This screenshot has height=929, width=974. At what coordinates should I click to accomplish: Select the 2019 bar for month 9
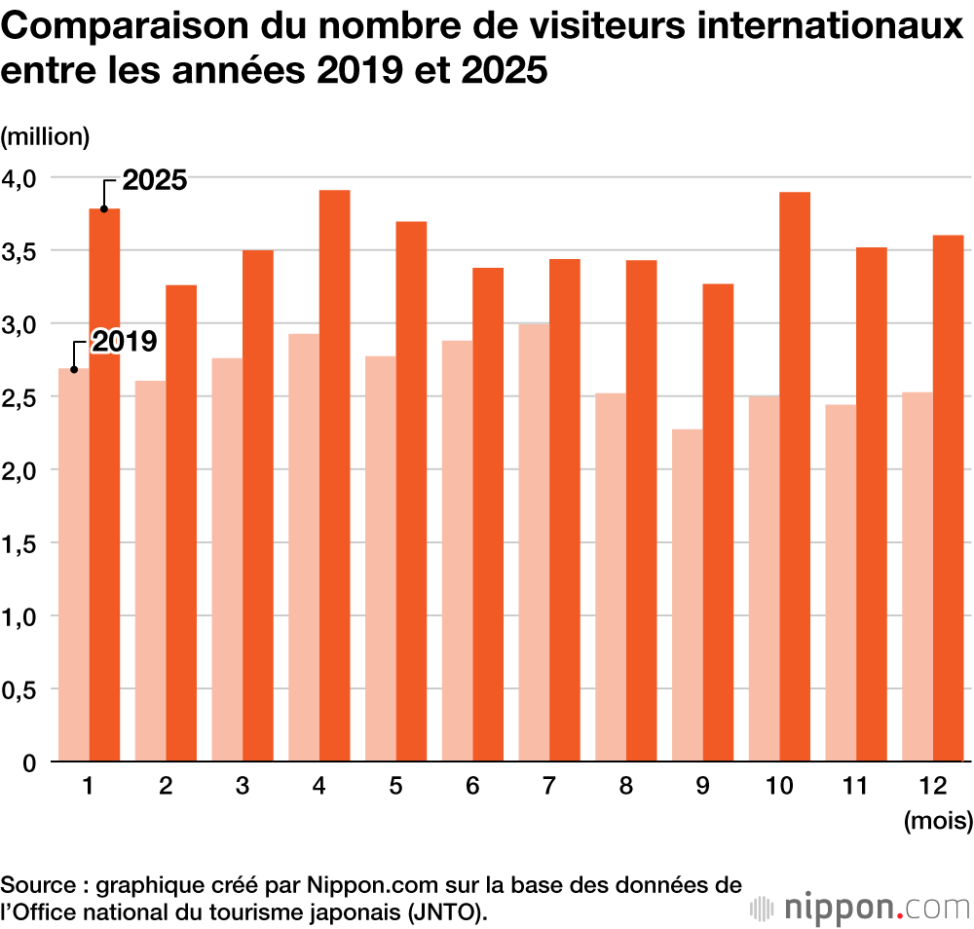pyautogui.click(x=688, y=595)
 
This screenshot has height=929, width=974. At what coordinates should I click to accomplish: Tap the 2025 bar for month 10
pyautogui.click(x=796, y=476)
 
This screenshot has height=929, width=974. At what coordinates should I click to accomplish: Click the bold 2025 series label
pyautogui.click(x=155, y=180)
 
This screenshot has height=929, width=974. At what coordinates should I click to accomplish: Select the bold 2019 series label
pyautogui.click(x=125, y=342)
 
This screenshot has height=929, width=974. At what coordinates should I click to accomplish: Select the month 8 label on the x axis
pyautogui.click(x=625, y=786)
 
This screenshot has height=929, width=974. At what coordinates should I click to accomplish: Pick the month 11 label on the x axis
pyautogui.click(x=854, y=786)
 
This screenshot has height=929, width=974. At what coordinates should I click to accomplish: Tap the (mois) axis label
pyautogui.click(x=938, y=821)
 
